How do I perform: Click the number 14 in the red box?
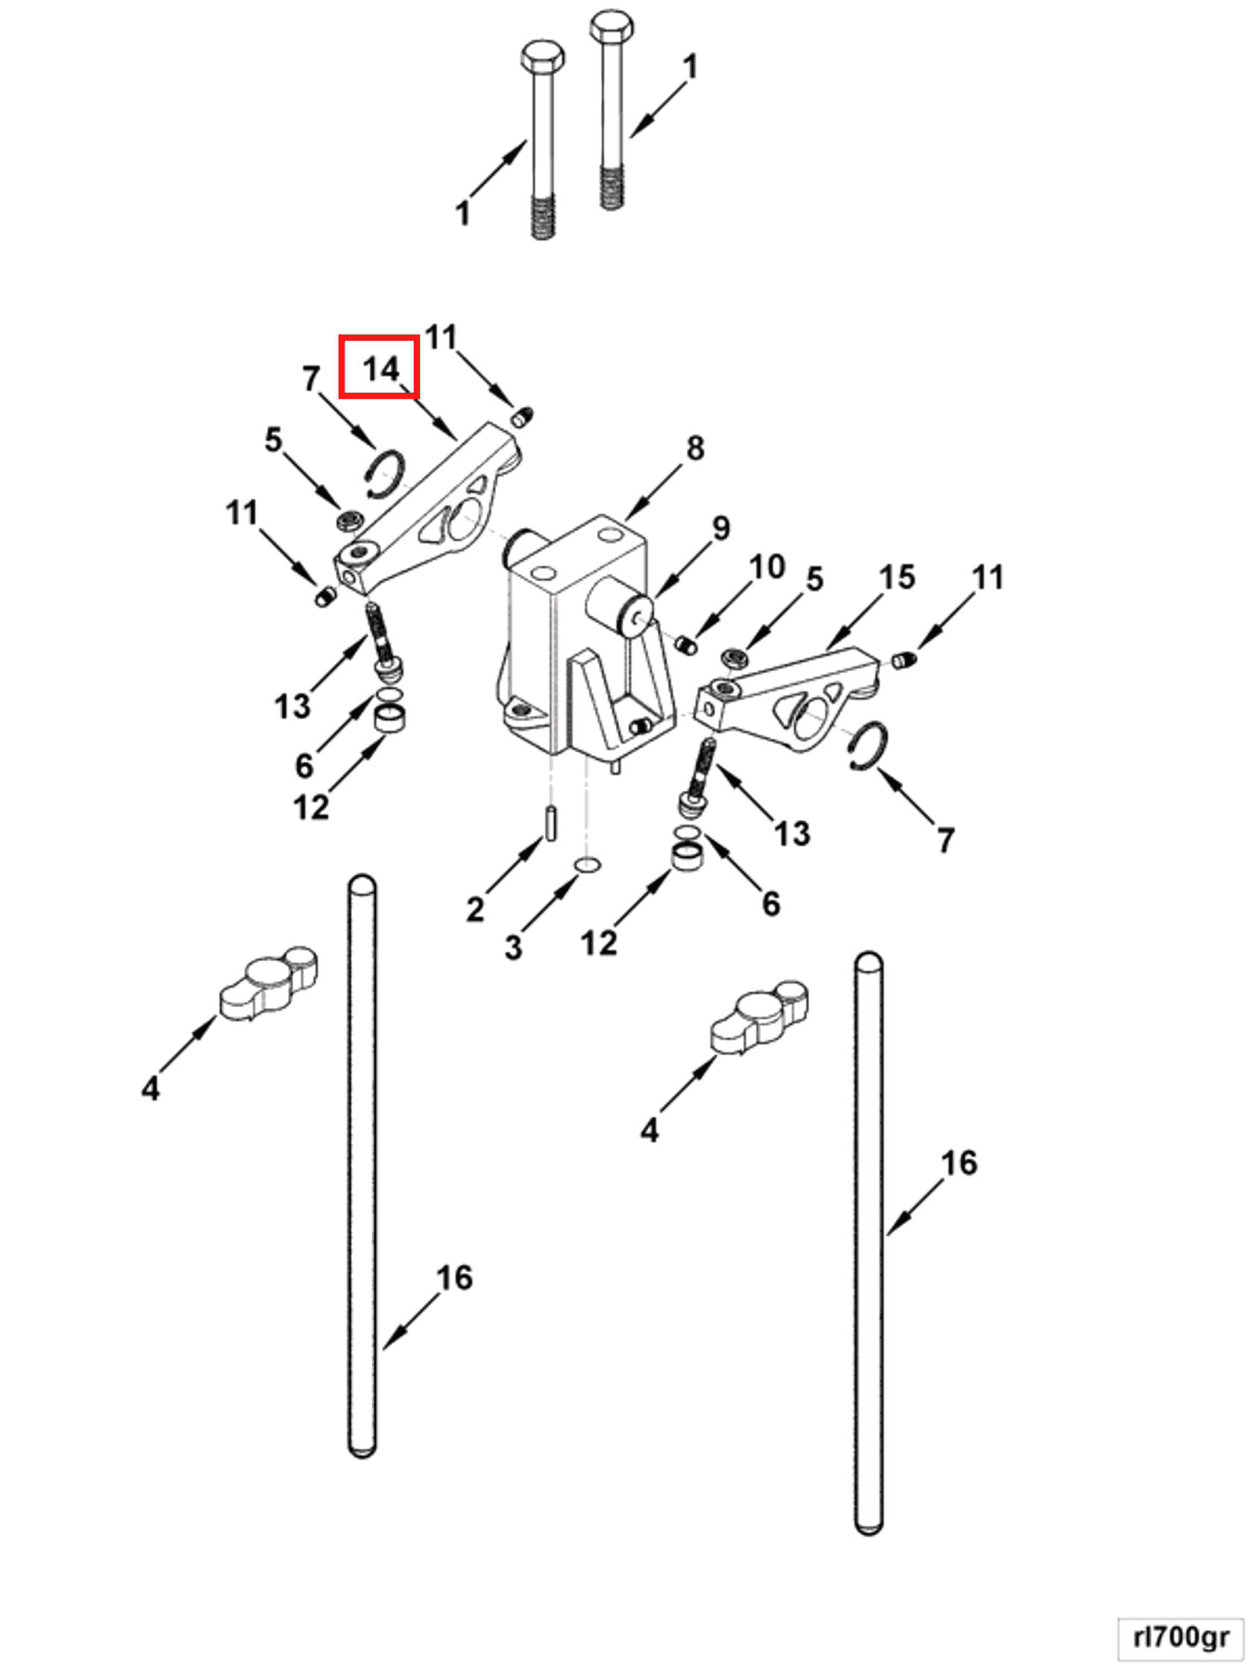tap(380, 368)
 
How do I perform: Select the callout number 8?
tap(695, 449)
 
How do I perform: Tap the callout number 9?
tap(721, 528)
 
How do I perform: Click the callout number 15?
tap(896, 577)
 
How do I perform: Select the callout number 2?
tap(474, 908)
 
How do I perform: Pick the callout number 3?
tap(513, 947)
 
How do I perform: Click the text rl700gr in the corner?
tap(1181, 1637)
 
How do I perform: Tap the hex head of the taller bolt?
tap(610, 27)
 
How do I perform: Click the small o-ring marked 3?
tap(588, 864)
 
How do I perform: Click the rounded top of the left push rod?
tap(362, 885)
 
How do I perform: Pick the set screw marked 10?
tap(685, 646)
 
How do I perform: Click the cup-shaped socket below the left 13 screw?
tap(391, 716)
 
